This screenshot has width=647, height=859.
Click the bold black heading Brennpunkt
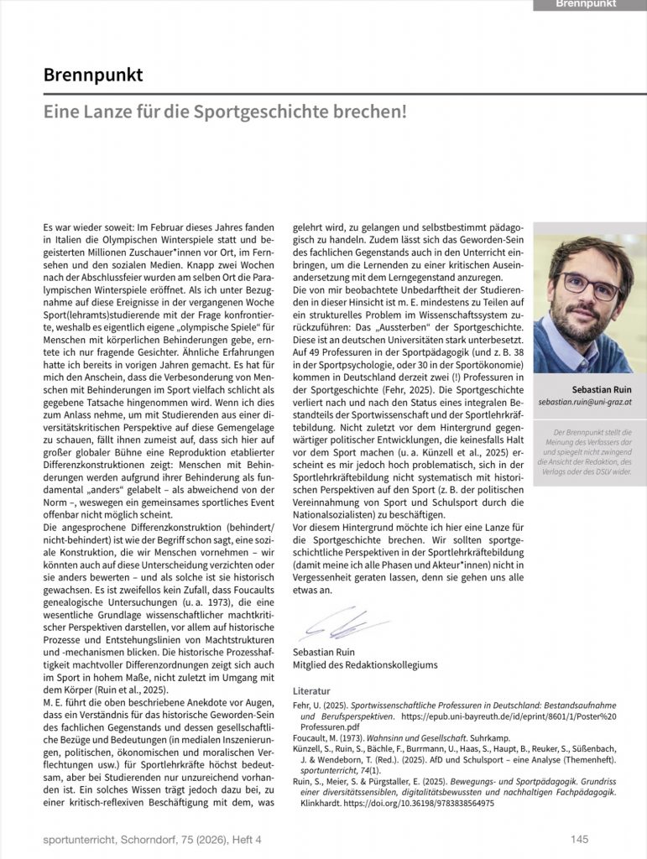click(x=93, y=75)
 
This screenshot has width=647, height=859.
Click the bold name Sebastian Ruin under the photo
click(x=601, y=390)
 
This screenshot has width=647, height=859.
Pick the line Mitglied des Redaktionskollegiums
click(x=365, y=665)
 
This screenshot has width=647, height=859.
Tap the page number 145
click(x=579, y=839)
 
